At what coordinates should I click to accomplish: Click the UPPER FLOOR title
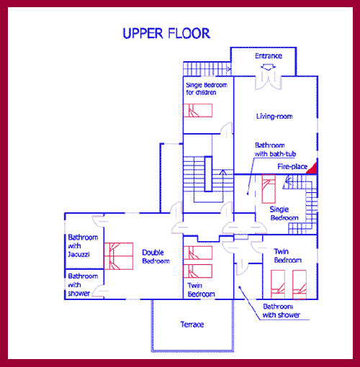[166, 33]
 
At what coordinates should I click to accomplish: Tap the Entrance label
[269, 56]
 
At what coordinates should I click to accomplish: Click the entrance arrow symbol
[268, 68]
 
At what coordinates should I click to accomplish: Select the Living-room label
[274, 117]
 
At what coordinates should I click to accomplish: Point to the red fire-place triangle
[312, 168]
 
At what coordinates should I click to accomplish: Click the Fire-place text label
[292, 166]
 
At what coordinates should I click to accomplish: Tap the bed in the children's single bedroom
[198, 110]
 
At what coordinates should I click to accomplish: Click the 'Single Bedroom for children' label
[207, 89]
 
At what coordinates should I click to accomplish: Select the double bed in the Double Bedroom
[119, 256]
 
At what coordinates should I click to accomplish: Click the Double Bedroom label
[156, 256]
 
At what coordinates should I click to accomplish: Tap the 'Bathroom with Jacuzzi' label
[83, 245]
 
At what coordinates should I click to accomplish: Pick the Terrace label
[192, 325]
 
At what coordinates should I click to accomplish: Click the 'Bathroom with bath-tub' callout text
[275, 150]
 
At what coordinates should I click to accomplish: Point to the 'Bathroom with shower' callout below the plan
[281, 311]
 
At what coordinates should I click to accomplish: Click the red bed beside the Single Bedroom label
[269, 189]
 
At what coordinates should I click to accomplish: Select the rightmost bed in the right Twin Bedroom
[300, 284]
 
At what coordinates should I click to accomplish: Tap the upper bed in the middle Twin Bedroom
[198, 253]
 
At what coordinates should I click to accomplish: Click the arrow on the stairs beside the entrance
[228, 69]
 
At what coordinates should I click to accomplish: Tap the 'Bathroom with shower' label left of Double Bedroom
[83, 285]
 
